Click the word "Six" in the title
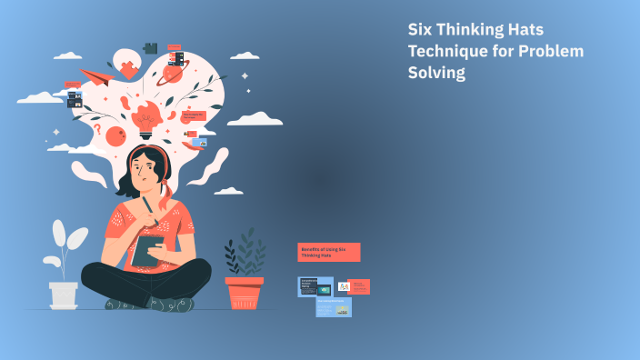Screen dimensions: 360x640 pos(423,30)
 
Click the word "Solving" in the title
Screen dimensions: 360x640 pos(436,74)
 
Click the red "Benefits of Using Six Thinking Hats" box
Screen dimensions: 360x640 pos(329,252)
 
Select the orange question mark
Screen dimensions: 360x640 pos(97,129)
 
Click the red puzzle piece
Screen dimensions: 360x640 pos(129,67)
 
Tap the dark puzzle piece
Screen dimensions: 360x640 pos(150,46)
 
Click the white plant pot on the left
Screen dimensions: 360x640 pos(64,294)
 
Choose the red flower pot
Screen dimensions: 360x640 pos(244,293)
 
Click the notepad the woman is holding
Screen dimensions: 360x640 pos(147,251)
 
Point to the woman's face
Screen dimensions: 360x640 pos(145,170)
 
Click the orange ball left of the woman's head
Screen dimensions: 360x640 pos(115,137)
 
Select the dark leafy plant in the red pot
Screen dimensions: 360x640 pos(245,253)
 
